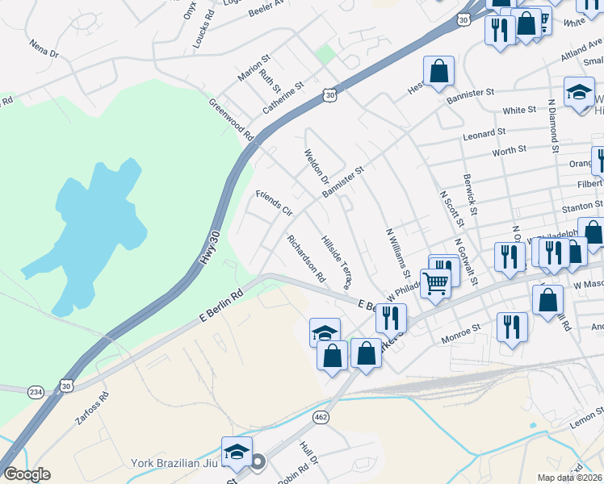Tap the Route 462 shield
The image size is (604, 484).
[x=321, y=415]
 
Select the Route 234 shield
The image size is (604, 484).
[x=35, y=390]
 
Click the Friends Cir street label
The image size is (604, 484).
[x=273, y=203]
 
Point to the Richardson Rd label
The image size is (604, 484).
[x=306, y=258]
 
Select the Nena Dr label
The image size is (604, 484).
[x=44, y=48]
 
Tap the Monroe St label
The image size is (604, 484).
[x=459, y=329]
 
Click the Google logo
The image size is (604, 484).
[x=27, y=474]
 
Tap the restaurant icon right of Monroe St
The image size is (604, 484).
[x=512, y=327]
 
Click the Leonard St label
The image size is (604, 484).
[x=484, y=131]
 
